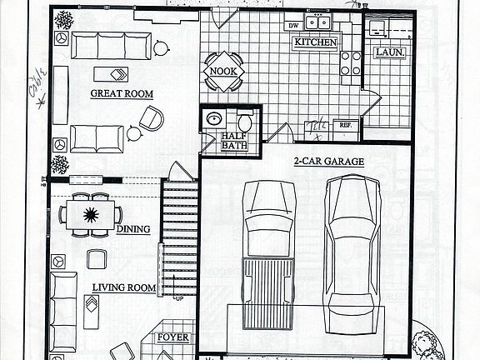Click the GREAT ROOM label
[x=121, y=93]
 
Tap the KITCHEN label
[x=316, y=42]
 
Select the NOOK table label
[x=222, y=72]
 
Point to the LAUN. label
[x=390, y=52]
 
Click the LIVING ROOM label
[x=123, y=288]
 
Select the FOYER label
[x=173, y=338]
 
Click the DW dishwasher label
[x=292, y=26]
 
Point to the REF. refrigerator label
[x=344, y=125]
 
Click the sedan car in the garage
[x=352, y=242]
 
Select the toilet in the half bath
[x=245, y=122]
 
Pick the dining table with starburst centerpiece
[x=90, y=215]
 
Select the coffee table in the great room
[x=111, y=72]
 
